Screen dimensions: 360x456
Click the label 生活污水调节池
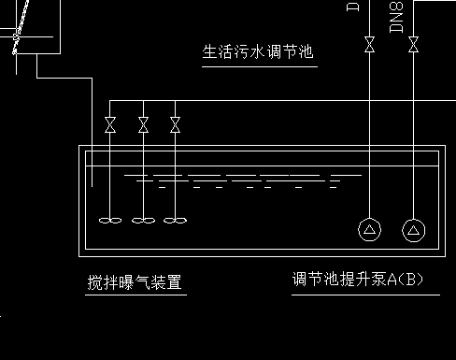pyautogui.click(x=258, y=51)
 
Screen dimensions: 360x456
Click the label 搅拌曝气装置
pyautogui.click(x=134, y=281)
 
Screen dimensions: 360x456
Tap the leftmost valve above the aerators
pyautogui.click(x=110, y=124)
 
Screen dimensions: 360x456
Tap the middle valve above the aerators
pyautogui.click(x=143, y=124)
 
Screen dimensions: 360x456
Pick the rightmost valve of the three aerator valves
pyautogui.click(x=175, y=124)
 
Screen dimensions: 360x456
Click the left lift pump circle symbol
pyautogui.click(x=369, y=230)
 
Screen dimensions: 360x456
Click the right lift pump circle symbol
pyautogui.click(x=413, y=230)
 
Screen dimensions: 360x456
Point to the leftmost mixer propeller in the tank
pyautogui.click(x=110, y=221)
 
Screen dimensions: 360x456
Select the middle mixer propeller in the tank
pyautogui.click(x=143, y=221)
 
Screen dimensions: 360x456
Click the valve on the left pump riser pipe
pyautogui.click(x=369, y=44)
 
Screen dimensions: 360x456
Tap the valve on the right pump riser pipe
pyautogui.click(x=413, y=44)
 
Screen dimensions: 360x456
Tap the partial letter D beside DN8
pyautogui.click(x=353, y=6)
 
